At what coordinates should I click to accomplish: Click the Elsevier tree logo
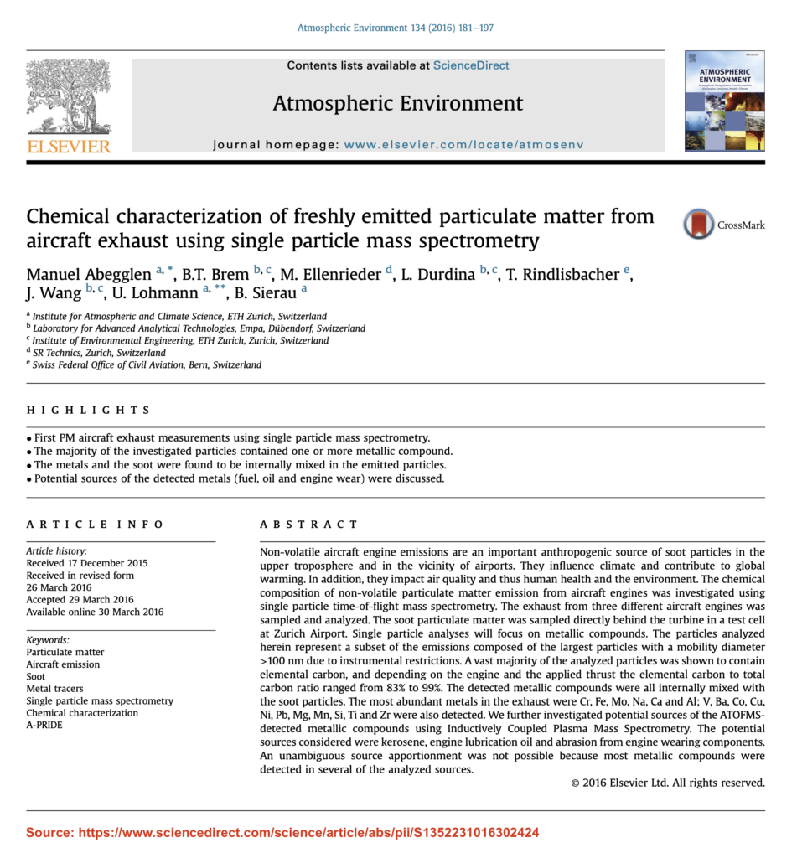click(x=68, y=98)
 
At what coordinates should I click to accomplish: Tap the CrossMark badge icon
click(x=699, y=225)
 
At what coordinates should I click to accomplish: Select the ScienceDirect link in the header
click(x=471, y=65)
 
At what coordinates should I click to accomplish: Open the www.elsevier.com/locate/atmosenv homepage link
click(x=463, y=144)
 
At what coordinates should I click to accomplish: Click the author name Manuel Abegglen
click(x=89, y=275)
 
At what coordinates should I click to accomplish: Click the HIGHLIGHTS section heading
click(x=88, y=411)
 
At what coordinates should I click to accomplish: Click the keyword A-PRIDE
click(x=44, y=725)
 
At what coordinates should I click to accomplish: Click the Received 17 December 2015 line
click(x=86, y=563)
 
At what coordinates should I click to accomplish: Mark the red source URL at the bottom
click(x=282, y=833)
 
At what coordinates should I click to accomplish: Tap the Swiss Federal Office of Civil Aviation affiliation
click(x=147, y=365)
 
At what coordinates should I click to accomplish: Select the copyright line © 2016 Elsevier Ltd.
click(x=667, y=783)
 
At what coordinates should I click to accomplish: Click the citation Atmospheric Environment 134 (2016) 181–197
click(x=396, y=28)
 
